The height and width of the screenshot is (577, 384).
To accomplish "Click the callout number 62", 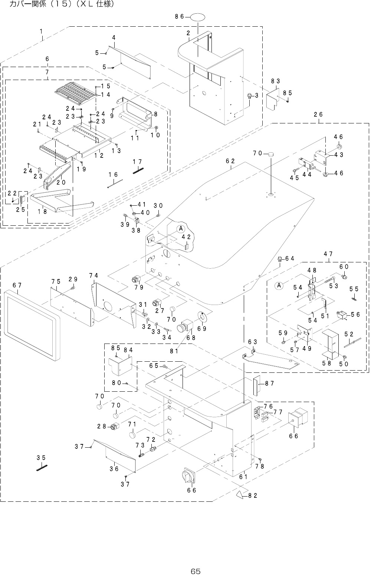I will click(x=230, y=161).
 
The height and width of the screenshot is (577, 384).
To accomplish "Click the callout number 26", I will click(x=318, y=115).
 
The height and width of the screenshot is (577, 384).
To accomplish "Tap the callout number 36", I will click(x=114, y=469).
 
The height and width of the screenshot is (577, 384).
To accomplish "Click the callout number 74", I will click(x=93, y=275).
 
